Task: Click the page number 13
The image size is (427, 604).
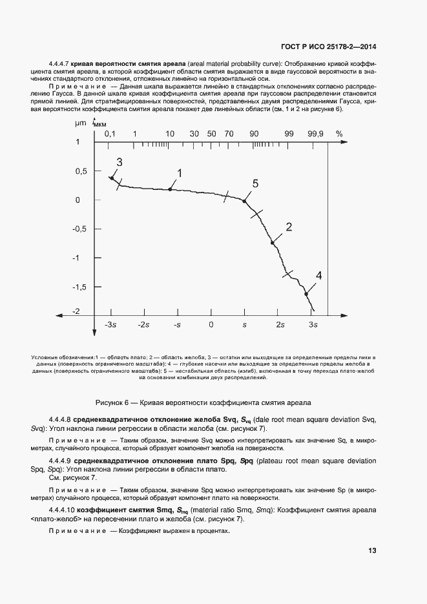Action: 372,550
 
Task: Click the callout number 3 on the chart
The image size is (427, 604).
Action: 119,161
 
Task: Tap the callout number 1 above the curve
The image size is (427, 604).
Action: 180,172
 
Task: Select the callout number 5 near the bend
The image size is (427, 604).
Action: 255,184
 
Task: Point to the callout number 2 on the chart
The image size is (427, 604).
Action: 289,227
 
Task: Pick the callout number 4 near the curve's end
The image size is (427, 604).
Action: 318,276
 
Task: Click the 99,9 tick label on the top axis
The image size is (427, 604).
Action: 316,134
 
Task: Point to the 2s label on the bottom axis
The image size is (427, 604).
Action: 280,324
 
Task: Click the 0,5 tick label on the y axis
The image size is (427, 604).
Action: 81,171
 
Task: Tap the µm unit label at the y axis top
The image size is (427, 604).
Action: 80,122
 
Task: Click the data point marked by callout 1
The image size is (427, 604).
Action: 171,189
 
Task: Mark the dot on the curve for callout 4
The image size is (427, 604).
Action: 306,294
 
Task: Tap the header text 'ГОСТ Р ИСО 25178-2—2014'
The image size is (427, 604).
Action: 328,46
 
